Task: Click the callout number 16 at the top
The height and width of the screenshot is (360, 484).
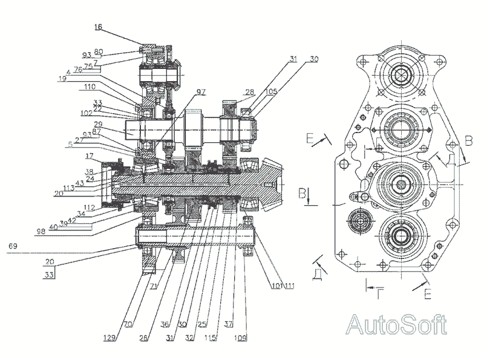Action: (x=99, y=27)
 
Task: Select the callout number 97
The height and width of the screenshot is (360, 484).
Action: (x=200, y=92)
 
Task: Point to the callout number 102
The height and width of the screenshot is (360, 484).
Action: (x=87, y=113)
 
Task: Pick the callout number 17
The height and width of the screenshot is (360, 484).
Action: (x=88, y=155)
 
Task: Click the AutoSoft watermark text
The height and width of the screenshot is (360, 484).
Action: (x=396, y=325)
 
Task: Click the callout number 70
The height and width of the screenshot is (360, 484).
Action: (x=128, y=324)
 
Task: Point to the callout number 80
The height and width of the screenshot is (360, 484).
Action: (x=98, y=51)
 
